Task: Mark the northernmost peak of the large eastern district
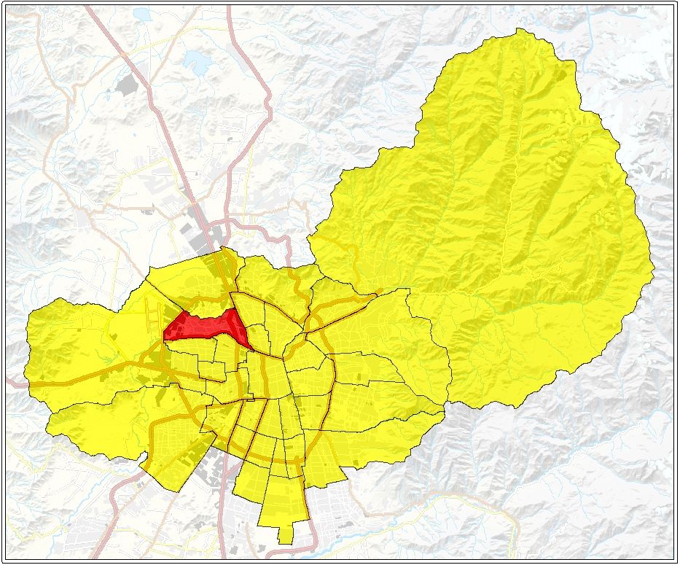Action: [519, 31]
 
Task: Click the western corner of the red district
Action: [165, 337]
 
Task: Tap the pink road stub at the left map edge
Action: [13, 381]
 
